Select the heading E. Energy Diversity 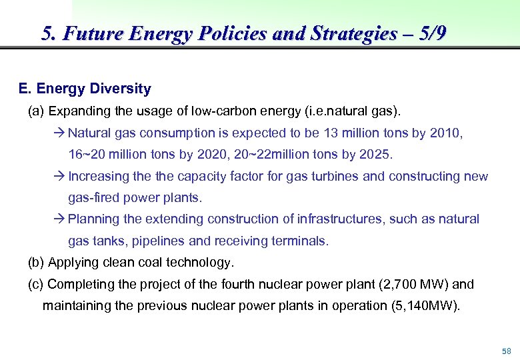[85, 89]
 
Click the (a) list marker [36, 110]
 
